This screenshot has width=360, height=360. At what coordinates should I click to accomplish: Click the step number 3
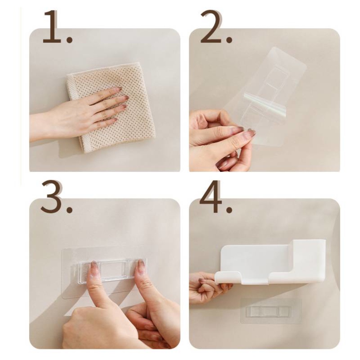[51, 197]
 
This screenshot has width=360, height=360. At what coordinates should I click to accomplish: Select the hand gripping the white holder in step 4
[207, 288]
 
